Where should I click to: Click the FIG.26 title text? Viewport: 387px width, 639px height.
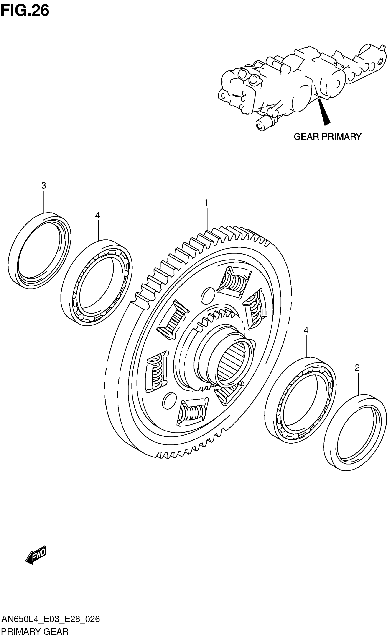tap(25, 11)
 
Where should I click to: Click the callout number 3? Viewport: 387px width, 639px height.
tap(43, 185)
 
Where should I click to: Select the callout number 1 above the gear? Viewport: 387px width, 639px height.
tap(206, 203)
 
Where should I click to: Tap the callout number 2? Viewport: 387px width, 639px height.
tap(357, 368)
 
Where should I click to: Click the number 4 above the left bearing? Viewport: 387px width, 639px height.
tap(97, 215)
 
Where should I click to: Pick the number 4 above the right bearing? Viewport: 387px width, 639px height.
tap(306, 330)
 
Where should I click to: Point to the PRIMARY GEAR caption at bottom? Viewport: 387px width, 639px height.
tap(35, 632)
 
